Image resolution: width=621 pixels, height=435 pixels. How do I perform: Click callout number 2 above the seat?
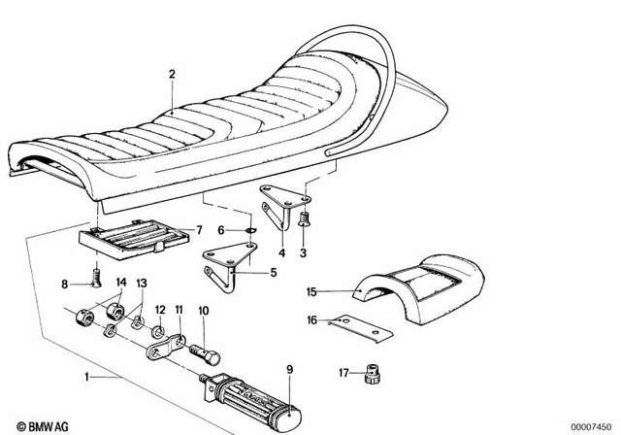(x=172, y=74)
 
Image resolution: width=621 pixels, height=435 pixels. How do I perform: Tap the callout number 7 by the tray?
(x=199, y=230)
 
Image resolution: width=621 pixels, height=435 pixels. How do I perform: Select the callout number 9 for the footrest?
(x=288, y=369)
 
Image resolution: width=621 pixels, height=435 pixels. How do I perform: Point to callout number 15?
(x=311, y=290)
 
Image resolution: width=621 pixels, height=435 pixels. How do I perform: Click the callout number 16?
(x=311, y=319)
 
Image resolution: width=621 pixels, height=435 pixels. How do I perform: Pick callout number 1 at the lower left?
(x=90, y=376)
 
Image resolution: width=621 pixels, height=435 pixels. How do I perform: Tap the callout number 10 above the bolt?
(x=204, y=312)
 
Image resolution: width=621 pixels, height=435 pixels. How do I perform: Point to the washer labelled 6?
(x=247, y=230)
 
